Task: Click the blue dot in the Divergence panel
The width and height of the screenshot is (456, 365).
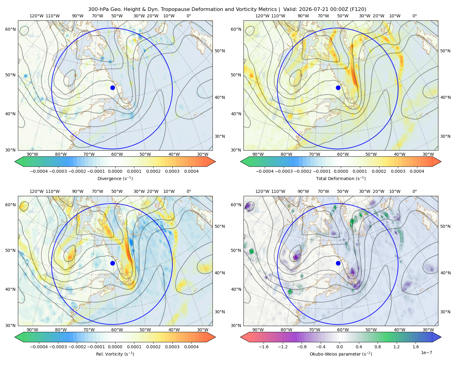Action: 112,88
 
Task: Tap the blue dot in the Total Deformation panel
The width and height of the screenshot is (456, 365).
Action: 338,88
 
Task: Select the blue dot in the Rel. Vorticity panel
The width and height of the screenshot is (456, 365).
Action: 112,263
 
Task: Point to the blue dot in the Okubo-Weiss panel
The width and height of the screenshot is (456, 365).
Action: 338,263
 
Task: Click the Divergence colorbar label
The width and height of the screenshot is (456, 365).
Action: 115,179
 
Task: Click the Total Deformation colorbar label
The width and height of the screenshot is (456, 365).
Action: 341,179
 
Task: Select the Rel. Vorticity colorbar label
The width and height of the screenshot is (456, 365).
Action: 115,354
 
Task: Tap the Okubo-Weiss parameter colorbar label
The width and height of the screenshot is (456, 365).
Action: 341,354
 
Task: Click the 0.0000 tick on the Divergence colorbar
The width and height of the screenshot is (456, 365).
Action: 115,171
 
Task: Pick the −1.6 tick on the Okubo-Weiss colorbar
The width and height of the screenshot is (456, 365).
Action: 264,347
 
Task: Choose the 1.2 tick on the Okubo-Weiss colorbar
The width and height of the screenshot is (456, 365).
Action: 396,347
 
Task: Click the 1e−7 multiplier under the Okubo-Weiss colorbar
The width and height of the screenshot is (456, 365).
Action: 426,353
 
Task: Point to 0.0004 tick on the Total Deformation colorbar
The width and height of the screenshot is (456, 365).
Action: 417,171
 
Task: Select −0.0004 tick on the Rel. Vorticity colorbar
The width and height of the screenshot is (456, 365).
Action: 39,347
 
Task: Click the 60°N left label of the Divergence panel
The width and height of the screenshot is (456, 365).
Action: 10,29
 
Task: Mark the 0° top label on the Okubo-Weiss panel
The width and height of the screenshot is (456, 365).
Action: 415,191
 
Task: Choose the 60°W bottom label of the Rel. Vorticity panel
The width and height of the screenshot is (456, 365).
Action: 117,330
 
